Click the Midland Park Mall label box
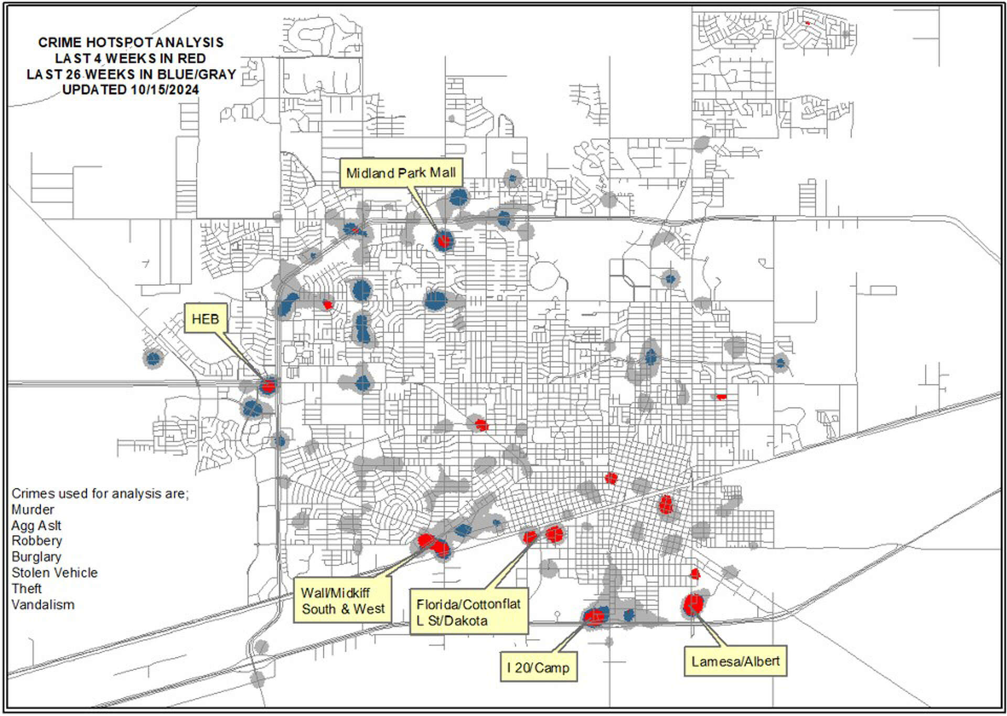tap(401, 173)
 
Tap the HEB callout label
tap(205, 319)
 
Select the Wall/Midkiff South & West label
tap(342, 601)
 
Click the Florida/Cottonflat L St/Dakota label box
tap(468, 612)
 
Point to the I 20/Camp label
tap(538, 667)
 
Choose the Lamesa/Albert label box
tap(735, 661)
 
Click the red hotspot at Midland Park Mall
tap(444, 241)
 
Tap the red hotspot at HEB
tap(269, 386)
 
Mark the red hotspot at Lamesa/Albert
tap(693, 604)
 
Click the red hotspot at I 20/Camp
tap(594, 616)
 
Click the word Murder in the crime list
tap(33, 509)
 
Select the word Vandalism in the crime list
tap(43, 605)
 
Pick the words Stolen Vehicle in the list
tap(55, 573)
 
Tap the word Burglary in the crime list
tap(36, 556)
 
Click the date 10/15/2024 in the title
tap(165, 89)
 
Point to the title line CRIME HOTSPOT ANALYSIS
tap(131, 42)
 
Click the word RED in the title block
tap(191, 58)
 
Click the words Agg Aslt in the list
tap(36, 525)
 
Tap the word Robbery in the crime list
tap(37, 541)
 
